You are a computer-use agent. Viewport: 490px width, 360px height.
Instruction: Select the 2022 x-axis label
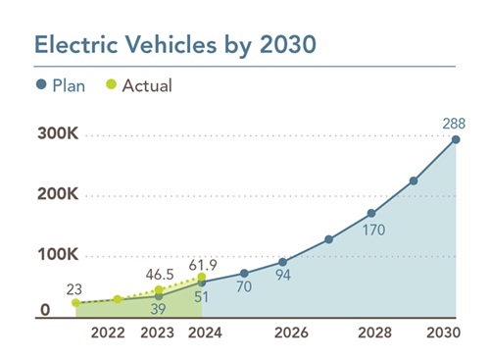[x=108, y=334]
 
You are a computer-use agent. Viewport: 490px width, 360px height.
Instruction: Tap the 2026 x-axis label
[x=291, y=334]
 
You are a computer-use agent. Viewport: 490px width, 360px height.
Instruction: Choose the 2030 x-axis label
[x=456, y=334]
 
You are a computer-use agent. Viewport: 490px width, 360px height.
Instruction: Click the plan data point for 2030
[x=456, y=139]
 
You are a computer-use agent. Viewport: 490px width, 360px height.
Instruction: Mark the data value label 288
[x=454, y=123]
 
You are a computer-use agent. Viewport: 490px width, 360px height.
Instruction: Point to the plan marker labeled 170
[x=371, y=213]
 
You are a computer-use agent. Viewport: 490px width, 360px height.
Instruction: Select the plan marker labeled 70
[x=244, y=273]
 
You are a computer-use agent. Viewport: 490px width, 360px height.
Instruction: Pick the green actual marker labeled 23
[x=75, y=303]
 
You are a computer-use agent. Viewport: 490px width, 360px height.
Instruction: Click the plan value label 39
[x=159, y=308]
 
